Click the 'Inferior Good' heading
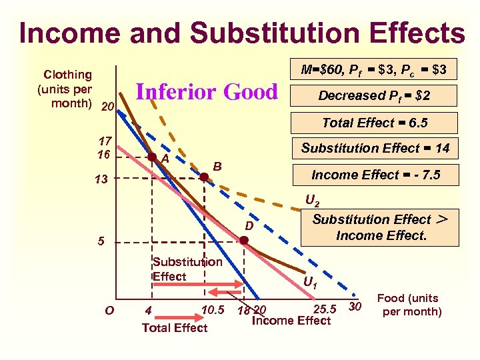(206, 91)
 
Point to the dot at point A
(152, 158)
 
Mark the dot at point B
(205, 177)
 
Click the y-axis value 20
(107, 107)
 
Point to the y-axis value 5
(101, 241)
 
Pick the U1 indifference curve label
(310, 283)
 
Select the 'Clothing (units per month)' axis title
(67, 89)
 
